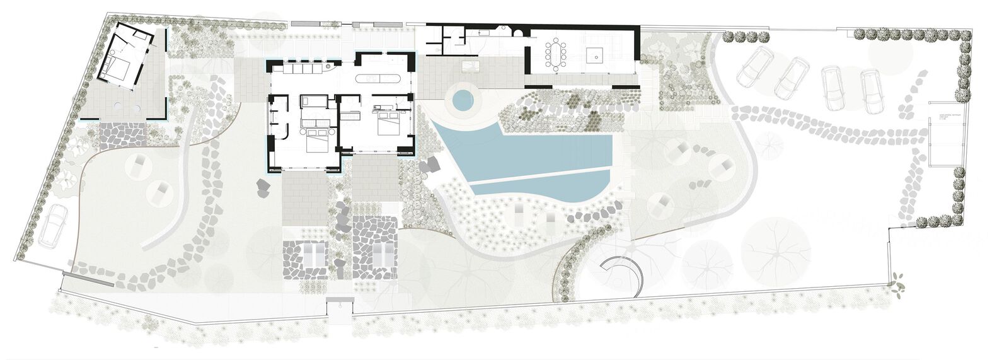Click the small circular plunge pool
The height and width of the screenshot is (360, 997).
(462, 99)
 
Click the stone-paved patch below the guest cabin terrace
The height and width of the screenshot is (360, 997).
(123, 135)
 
